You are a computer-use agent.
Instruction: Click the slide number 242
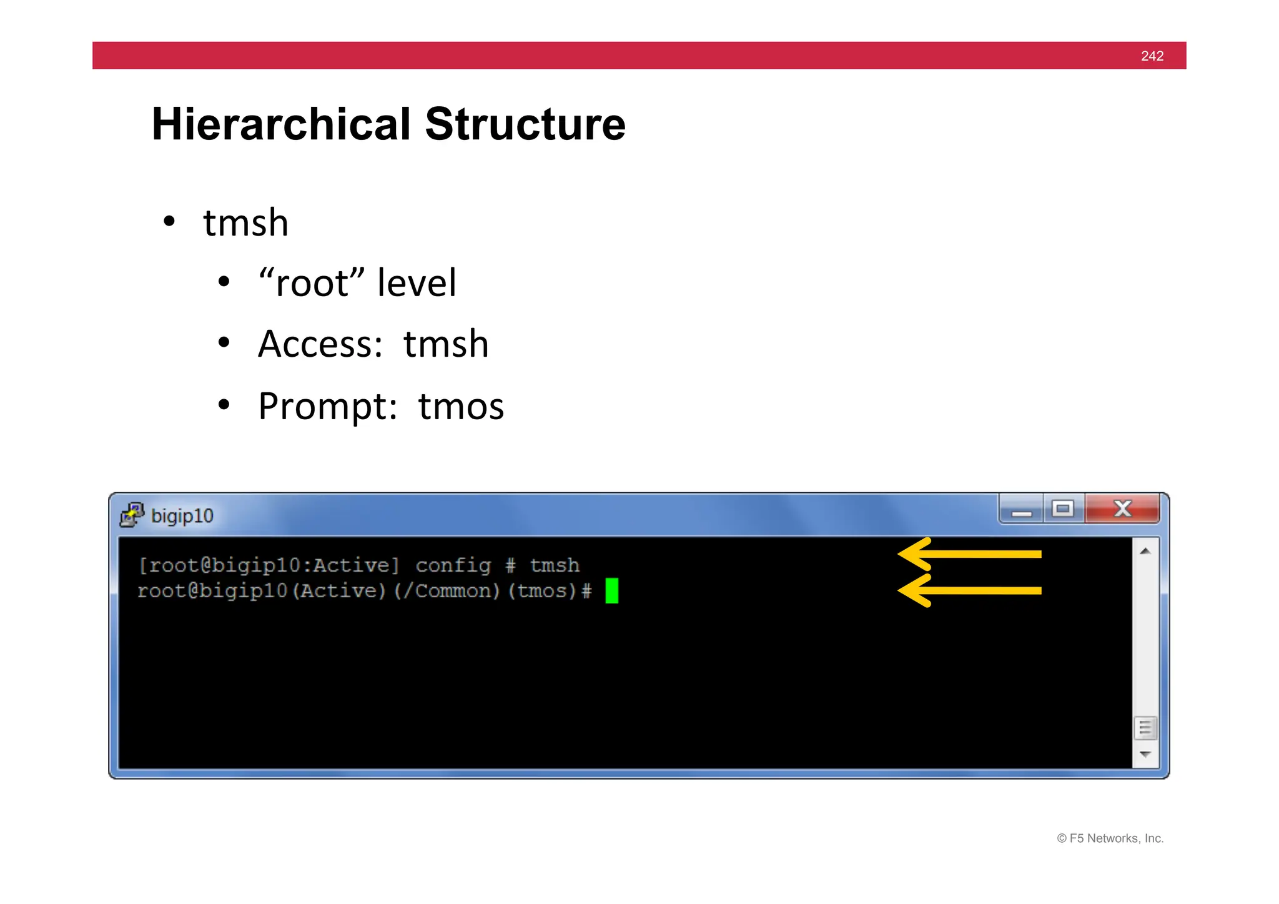click(1152, 56)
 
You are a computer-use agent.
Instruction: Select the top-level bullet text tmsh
click(245, 223)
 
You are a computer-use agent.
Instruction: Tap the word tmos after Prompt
click(461, 407)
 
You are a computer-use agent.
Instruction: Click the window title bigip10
click(182, 516)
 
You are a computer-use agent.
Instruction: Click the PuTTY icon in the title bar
click(132, 515)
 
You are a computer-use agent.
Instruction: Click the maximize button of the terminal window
click(1062, 509)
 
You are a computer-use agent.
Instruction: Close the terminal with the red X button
click(1122, 509)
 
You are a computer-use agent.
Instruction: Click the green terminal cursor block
click(611, 590)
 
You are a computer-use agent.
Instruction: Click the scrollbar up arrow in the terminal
click(1145, 551)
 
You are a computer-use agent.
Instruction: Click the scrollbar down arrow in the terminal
click(1145, 754)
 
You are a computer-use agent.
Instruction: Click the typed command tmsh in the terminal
click(555, 565)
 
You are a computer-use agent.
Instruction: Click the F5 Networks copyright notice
click(1110, 838)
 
